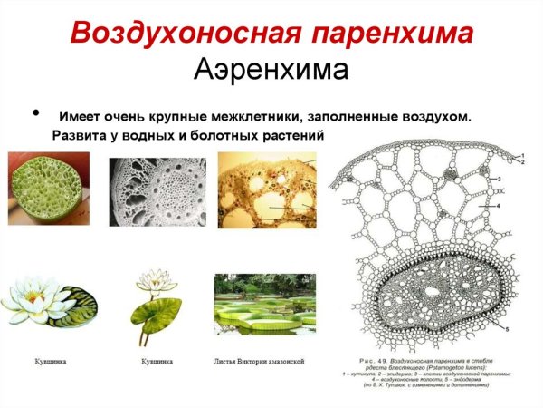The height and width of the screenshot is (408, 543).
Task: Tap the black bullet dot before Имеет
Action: coord(36,113)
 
